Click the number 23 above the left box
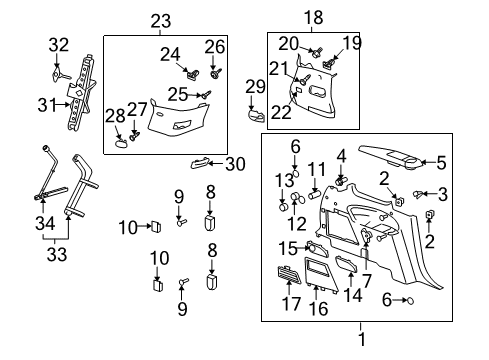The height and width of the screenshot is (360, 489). click(x=160, y=20)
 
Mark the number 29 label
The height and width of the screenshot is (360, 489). click(x=254, y=89)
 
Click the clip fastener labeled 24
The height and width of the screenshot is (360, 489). click(x=191, y=72)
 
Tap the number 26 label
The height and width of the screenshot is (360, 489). click(x=216, y=46)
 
